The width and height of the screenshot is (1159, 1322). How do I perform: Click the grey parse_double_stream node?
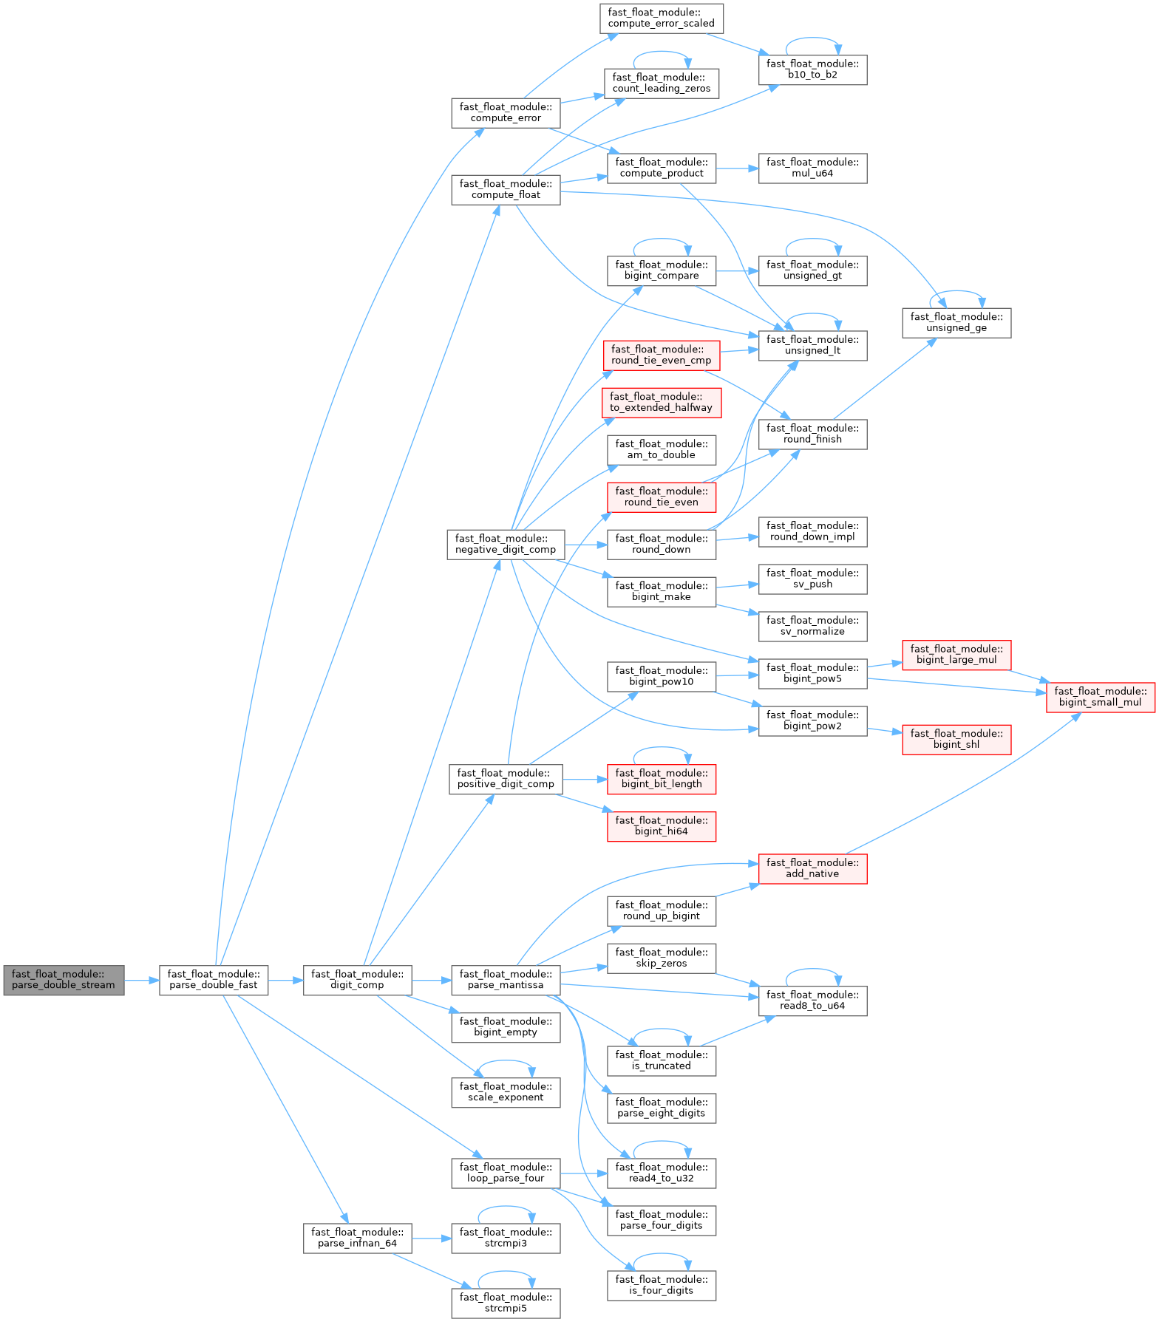point(64,980)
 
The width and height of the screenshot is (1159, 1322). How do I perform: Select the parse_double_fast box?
point(214,980)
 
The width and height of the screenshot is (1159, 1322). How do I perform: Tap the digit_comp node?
point(357,980)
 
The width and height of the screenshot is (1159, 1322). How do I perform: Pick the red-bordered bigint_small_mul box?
point(1100,698)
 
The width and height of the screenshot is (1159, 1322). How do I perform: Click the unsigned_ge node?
point(956,323)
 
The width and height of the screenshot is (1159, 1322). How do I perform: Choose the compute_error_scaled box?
point(661,18)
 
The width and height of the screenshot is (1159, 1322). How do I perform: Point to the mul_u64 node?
point(812,168)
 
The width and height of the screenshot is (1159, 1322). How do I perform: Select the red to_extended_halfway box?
point(661,403)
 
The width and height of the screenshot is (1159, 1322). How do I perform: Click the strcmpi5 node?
point(506,1303)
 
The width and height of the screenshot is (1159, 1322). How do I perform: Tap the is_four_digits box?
point(661,1286)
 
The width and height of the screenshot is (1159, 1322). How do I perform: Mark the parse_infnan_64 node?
point(357,1238)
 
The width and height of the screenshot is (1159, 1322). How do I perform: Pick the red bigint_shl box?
point(956,740)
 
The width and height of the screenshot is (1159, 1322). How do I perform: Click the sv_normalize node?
point(812,627)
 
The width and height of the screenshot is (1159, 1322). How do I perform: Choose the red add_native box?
point(812,869)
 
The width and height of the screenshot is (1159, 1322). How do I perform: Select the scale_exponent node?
point(506,1092)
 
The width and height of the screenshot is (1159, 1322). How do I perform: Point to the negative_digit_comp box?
point(506,545)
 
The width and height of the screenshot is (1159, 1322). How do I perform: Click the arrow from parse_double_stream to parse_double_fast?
point(142,981)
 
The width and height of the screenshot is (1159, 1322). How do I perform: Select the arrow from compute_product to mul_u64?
point(737,168)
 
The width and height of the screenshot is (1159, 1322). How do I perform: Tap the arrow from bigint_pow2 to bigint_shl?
point(885,731)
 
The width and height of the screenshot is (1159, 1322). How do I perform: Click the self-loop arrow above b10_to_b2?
point(812,38)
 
